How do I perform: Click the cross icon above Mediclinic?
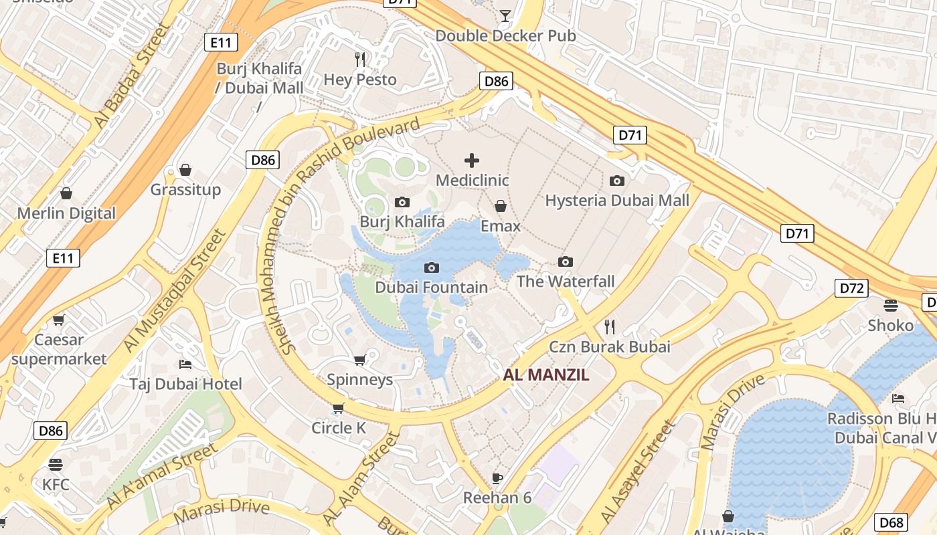tap(472, 160)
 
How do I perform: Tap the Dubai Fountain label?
tap(431, 288)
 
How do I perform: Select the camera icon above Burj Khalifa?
tap(402, 202)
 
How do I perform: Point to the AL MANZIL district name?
tap(546, 374)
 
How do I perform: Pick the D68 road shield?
tap(891, 522)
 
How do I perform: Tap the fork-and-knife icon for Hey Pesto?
tap(361, 59)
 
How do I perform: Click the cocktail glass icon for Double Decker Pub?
tap(505, 15)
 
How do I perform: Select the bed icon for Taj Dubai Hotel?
tap(185, 364)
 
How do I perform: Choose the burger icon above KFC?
tap(56, 464)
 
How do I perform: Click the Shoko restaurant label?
tap(890, 326)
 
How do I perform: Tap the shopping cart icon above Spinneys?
tap(360, 360)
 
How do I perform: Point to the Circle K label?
tap(339, 428)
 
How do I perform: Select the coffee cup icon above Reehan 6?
tap(497, 477)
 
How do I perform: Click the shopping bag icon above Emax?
tap(500, 206)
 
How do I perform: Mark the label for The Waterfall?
tap(566, 282)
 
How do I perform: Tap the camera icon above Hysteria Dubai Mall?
tap(617, 181)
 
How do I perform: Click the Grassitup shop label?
tap(185, 190)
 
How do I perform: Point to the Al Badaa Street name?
tap(131, 77)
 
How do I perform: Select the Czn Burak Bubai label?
tap(609, 347)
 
